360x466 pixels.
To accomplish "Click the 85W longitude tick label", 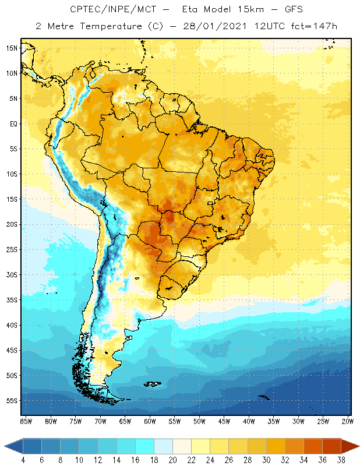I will pos(26,421).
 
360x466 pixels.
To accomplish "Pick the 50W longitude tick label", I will pos(199,421).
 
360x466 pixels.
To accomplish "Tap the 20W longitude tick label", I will pos(348,421).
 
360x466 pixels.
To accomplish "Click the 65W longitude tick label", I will pos(125,421).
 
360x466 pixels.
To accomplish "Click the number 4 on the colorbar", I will pos(23,461).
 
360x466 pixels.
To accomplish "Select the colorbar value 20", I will pos(172,461).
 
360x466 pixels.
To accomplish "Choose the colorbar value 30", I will pos(266,461).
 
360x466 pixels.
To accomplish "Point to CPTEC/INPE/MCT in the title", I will pos(108,10).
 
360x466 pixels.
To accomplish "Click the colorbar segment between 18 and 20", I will pos(163,447).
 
